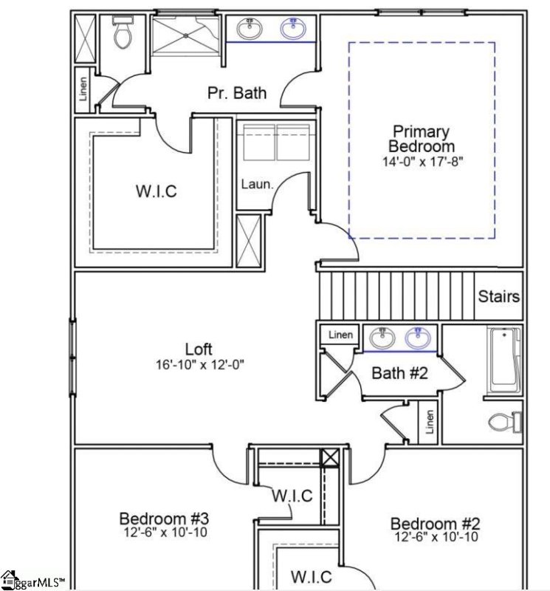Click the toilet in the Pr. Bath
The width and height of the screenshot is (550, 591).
pyautogui.click(x=123, y=33)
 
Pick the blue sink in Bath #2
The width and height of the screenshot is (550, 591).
pyautogui.click(x=419, y=339)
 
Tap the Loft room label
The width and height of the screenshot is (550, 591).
pyautogui.click(x=199, y=349)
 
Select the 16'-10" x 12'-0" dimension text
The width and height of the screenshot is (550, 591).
pyautogui.click(x=199, y=364)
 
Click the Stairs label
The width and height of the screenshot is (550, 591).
pyautogui.click(x=498, y=297)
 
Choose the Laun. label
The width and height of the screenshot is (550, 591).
pyautogui.click(x=256, y=184)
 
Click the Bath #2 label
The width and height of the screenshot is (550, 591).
pyautogui.click(x=399, y=373)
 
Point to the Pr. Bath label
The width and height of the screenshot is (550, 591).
pyautogui.click(x=236, y=93)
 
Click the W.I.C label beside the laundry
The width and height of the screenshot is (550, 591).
pyautogui.click(x=156, y=191)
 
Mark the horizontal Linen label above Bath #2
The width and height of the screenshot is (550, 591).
pyautogui.click(x=340, y=335)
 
